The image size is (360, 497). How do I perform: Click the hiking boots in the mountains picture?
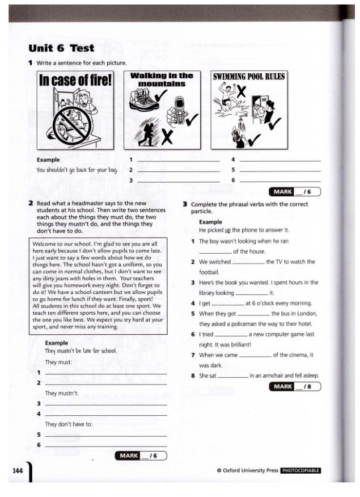point(141,99)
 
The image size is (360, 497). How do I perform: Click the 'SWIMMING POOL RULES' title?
point(249,77)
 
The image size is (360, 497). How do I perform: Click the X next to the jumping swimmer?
point(242,90)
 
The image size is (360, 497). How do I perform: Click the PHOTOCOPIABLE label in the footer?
point(301,470)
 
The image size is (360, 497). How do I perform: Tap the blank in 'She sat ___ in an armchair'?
point(233,376)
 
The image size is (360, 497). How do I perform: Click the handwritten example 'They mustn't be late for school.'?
point(81,351)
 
